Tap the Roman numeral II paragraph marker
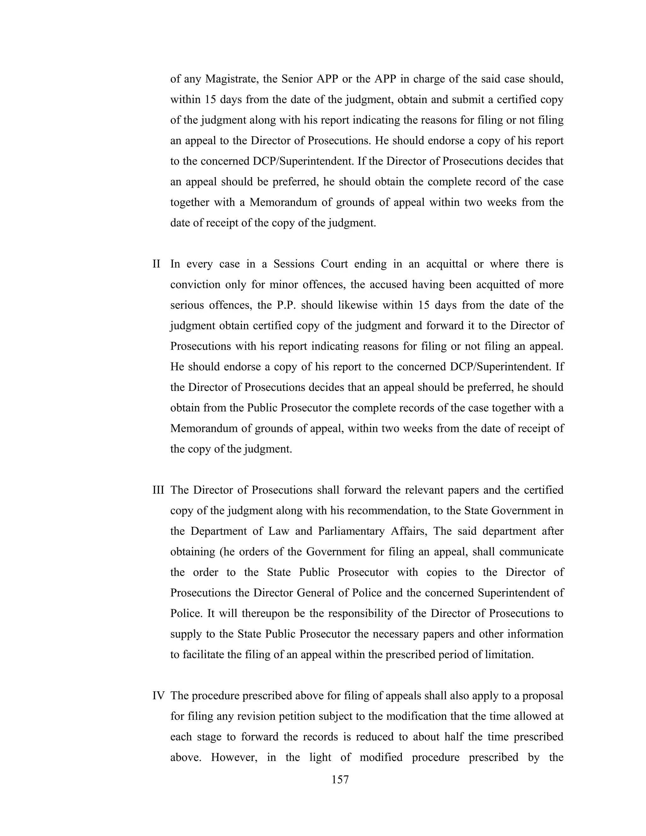156,264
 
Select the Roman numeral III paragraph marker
158,490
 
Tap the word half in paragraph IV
458,737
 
